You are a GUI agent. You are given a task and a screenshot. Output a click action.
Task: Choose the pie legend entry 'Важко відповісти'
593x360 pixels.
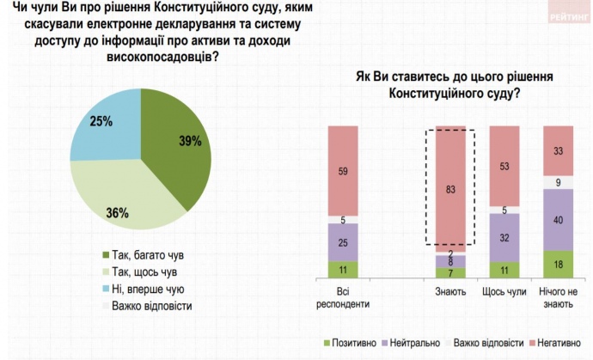point(147,306)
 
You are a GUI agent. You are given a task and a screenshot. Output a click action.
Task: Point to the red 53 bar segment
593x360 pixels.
point(504,165)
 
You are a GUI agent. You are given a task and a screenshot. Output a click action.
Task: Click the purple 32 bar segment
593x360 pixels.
point(504,237)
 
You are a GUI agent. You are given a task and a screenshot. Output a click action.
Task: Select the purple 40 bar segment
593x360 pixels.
point(559,219)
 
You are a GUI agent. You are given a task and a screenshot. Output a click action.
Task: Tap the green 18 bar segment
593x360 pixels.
point(559,264)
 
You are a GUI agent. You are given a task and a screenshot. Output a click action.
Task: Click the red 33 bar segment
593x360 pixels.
point(559,150)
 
